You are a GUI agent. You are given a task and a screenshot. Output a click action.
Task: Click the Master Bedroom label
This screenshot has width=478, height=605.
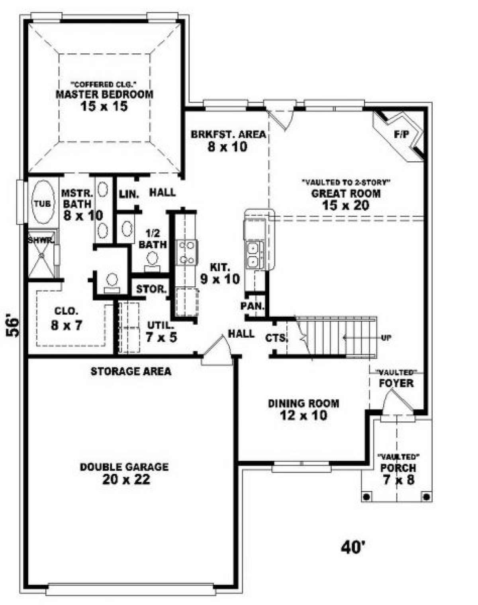[x=105, y=94]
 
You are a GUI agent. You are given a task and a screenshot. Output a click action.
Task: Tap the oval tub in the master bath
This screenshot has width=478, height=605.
[x=43, y=202]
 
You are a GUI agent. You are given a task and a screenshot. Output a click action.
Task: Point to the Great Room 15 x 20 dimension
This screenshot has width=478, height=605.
[x=346, y=206]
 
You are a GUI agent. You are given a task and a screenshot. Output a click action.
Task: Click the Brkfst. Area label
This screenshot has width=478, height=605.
[x=228, y=134]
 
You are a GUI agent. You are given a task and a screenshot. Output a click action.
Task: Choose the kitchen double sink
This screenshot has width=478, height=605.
[x=254, y=255]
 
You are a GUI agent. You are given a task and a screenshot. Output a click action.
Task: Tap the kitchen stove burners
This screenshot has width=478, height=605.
[x=187, y=253]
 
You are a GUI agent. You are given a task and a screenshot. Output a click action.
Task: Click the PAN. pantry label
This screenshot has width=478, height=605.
[x=253, y=306]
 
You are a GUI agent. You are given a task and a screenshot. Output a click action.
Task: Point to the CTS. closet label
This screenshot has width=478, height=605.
[x=276, y=338]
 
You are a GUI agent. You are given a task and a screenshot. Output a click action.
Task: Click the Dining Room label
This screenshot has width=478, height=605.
[x=304, y=403]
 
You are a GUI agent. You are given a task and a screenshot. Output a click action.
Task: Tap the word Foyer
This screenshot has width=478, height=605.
[x=396, y=383]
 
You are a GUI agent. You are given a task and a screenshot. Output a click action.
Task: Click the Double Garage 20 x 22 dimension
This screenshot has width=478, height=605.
[x=126, y=479]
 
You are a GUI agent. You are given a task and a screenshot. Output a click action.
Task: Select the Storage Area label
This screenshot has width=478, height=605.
[x=131, y=371]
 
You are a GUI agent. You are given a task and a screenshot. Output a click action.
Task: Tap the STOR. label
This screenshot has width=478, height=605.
[x=151, y=289]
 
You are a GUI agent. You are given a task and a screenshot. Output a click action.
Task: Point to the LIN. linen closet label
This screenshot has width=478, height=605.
[x=129, y=194]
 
